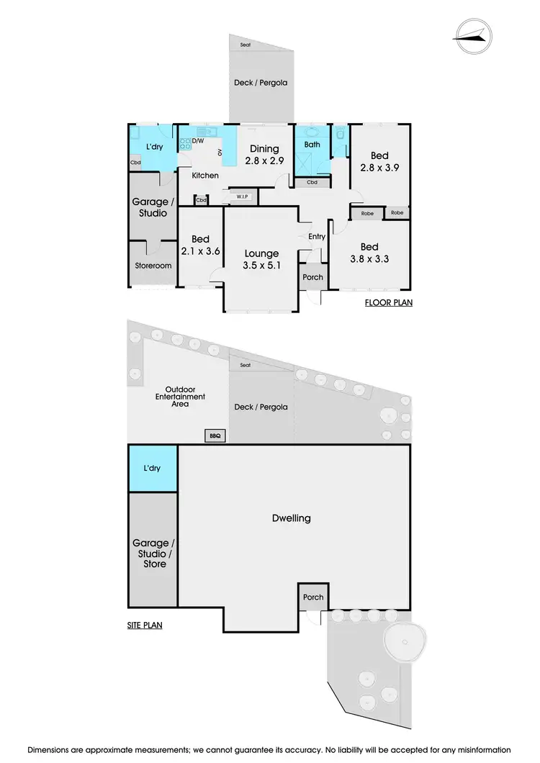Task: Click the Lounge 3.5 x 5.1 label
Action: [x=261, y=259]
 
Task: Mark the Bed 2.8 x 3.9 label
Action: [x=379, y=161]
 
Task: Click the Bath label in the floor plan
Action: [x=312, y=145]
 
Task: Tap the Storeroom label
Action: [x=153, y=266]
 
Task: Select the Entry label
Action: [x=316, y=236]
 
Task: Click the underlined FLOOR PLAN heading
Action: [x=388, y=303]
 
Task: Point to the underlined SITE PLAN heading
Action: [x=140, y=626]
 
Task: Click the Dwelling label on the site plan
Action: [x=292, y=518]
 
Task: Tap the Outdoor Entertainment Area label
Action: [x=180, y=397]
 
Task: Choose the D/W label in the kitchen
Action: [x=197, y=131]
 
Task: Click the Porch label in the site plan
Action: [x=313, y=597]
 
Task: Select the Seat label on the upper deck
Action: [x=246, y=45]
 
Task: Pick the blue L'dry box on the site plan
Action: [x=153, y=468]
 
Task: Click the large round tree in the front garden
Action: [x=406, y=638]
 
